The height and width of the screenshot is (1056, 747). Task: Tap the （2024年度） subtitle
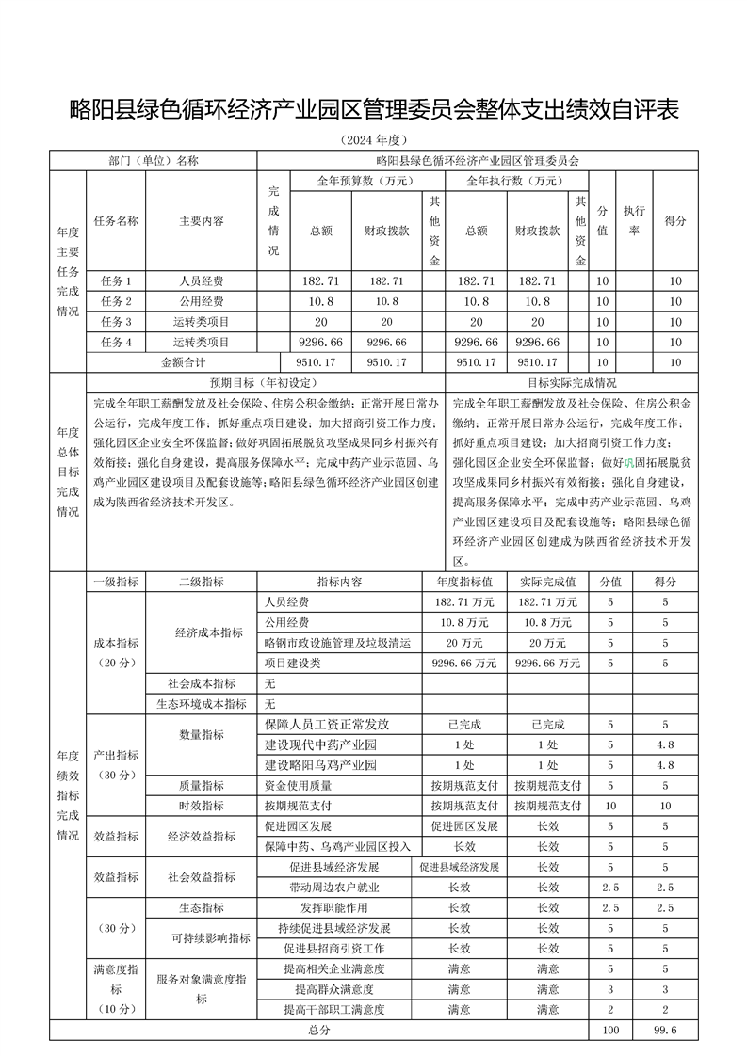pyautogui.click(x=373, y=141)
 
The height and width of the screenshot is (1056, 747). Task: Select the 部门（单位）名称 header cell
pyautogui.click(x=154, y=160)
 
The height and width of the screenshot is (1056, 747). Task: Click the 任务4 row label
pyautogui.click(x=116, y=342)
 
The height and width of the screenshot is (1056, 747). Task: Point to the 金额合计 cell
pyautogui.click(x=184, y=361)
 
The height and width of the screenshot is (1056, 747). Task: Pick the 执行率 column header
pyautogui.click(x=633, y=220)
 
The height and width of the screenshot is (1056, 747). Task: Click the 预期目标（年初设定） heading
pyautogui.click(x=262, y=384)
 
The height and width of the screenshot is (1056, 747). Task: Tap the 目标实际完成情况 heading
pyautogui.click(x=572, y=384)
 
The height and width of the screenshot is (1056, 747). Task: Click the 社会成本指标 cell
pyautogui.click(x=202, y=683)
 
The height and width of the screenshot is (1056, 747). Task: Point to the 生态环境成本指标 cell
pyautogui.click(x=202, y=704)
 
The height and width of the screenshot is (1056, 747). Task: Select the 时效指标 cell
pyautogui.click(x=202, y=806)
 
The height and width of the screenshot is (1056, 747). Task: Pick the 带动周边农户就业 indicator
pyautogui.click(x=334, y=887)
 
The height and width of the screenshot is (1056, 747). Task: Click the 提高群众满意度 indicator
pyautogui.click(x=334, y=989)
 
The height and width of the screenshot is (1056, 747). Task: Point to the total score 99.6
pyautogui.click(x=665, y=1031)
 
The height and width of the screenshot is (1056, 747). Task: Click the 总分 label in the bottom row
pyautogui.click(x=319, y=1031)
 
